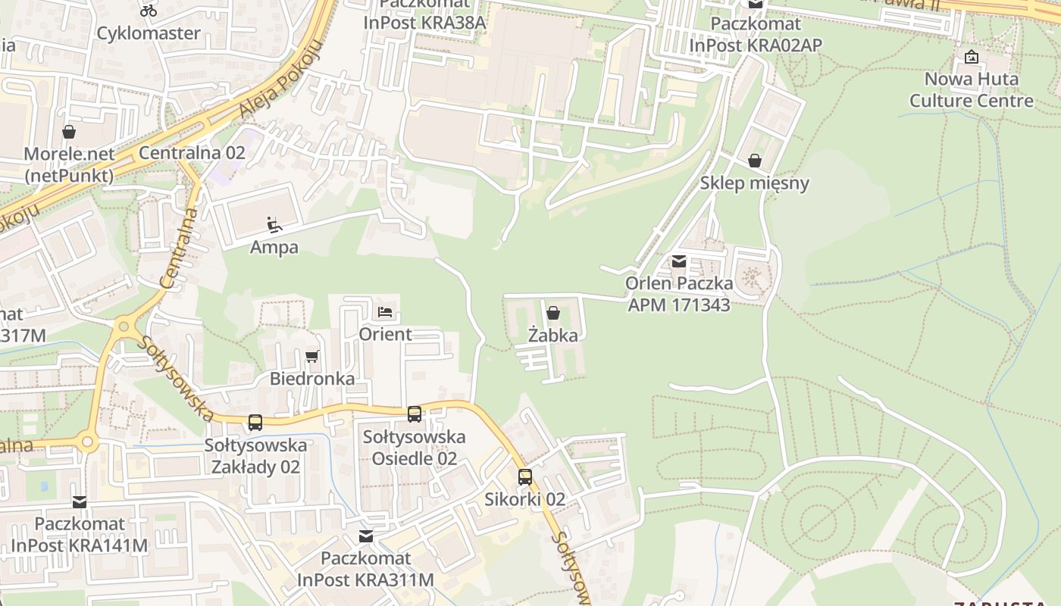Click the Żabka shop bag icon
tap(553, 313)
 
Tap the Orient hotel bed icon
tap(385, 312)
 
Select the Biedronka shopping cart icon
tap(311, 356)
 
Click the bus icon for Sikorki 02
tap(525, 477)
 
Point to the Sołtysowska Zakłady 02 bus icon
tap(255, 423)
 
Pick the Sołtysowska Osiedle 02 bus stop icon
tap(415, 414)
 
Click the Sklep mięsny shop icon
tap(755, 161)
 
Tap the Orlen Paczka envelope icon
tap(679, 261)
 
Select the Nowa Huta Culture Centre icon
tap(972, 57)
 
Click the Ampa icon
tap(274, 225)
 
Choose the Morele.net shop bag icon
tap(69, 132)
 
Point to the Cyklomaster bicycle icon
tap(149, 11)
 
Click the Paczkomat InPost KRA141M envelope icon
tap(80, 501)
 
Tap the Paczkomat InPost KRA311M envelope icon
tap(366, 536)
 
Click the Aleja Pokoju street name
tap(280, 79)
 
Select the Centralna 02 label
tap(192, 153)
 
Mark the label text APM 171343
tap(679, 305)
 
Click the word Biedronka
tap(312, 379)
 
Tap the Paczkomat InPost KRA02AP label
tap(756, 35)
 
